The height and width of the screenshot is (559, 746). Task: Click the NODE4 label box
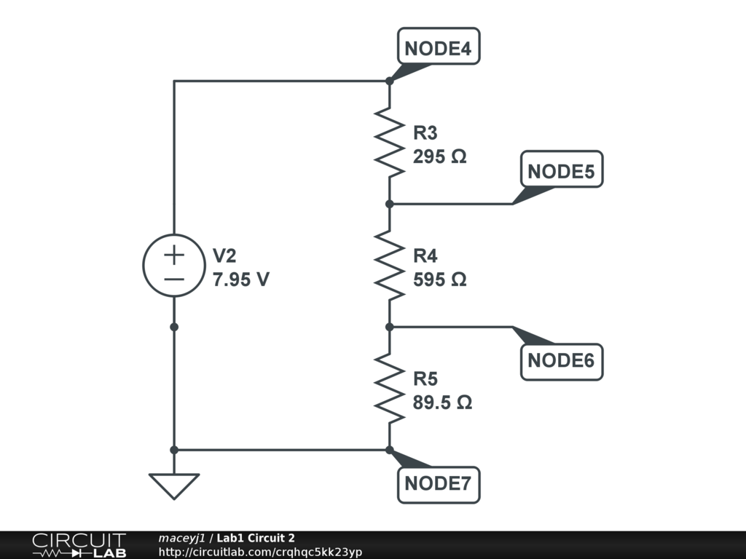[x=439, y=48]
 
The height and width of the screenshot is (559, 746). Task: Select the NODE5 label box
[x=561, y=171]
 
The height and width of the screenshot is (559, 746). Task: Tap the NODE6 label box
[x=561, y=360]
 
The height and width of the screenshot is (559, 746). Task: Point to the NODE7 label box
[x=439, y=483]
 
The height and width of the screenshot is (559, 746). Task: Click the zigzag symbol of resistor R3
[x=390, y=143]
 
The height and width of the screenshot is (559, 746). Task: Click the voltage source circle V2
[x=173, y=266]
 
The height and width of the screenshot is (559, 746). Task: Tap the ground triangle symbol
[x=174, y=485]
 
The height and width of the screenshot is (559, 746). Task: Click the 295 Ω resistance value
[x=439, y=156]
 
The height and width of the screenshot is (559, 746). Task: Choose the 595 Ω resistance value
[x=439, y=279]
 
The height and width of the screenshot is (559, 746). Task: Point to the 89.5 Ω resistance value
[x=442, y=403]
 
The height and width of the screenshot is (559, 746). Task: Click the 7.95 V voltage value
[x=241, y=279]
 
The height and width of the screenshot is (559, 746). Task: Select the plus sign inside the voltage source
[x=173, y=255]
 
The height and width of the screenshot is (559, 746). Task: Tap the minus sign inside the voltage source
[x=173, y=279]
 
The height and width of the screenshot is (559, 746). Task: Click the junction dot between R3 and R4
[x=390, y=204]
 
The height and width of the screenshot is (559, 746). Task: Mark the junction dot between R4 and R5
[x=390, y=327]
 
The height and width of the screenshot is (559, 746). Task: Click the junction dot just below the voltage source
[x=174, y=327]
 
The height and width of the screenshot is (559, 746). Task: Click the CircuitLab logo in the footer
[x=78, y=545]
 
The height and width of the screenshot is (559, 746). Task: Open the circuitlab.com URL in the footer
[x=260, y=552]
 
